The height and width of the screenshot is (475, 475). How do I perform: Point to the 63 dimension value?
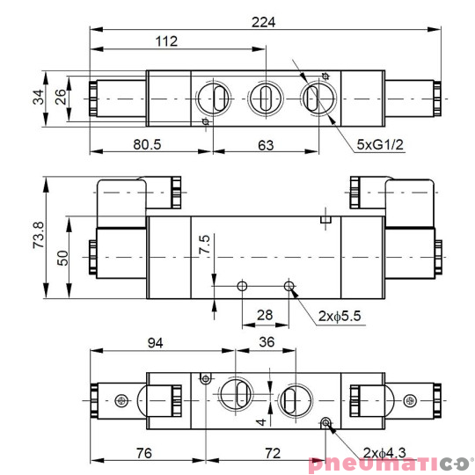click(263, 144)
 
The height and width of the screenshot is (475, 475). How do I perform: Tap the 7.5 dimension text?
click(204, 245)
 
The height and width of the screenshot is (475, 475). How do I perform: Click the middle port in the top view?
click(263, 97)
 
